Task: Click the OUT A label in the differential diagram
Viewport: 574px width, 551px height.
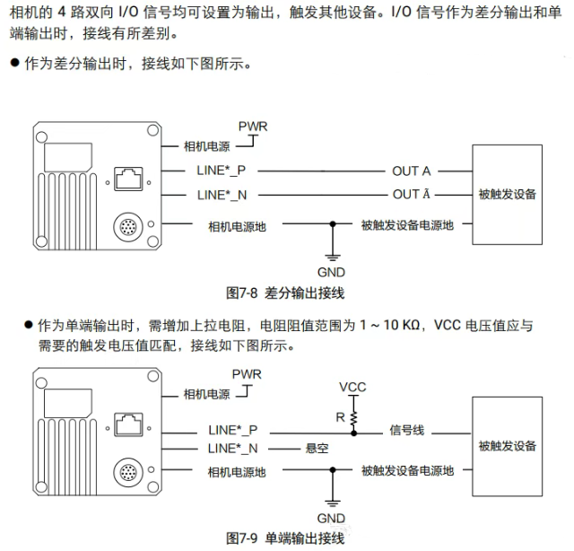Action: [x=411, y=171]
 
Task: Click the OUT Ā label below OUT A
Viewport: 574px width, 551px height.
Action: [x=411, y=194]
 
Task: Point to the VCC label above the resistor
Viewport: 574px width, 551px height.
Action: [x=352, y=387]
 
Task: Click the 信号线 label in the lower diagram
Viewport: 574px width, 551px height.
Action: [x=406, y=431]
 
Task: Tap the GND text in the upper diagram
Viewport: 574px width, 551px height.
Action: [x=331, y=272]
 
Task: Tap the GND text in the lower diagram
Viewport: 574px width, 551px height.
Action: [x=331, y=518]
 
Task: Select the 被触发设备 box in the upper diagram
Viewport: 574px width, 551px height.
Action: [x=507, y=194]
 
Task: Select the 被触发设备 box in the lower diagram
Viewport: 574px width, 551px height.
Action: [x=507, y=446]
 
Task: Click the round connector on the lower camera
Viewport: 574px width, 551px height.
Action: [x=126, y=472]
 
